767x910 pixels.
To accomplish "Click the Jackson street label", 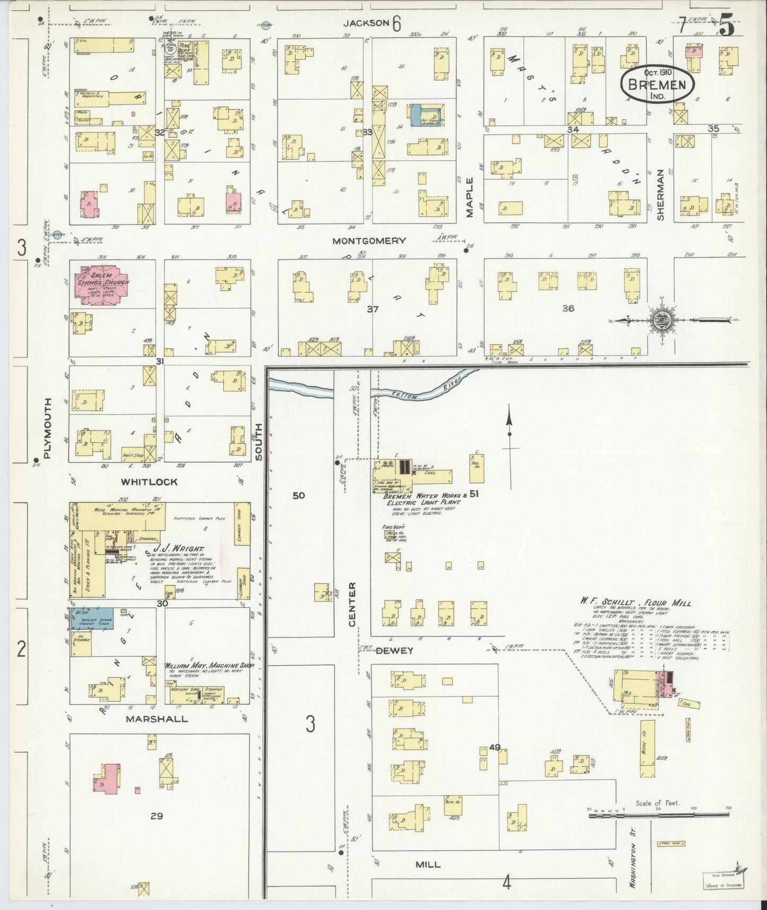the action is [366, 23].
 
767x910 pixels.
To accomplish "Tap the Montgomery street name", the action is [369, 241].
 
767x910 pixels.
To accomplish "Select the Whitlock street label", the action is [149, 482].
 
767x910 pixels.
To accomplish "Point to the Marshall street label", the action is [157, 719].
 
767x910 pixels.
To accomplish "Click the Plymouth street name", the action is [48, 427].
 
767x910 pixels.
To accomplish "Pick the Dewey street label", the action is [395, 650].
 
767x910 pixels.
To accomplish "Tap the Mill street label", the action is [427, 864].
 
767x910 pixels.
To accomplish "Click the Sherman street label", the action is [660, 195].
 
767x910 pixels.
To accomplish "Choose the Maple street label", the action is [470, 198].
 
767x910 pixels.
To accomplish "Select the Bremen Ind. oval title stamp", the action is [658, 84].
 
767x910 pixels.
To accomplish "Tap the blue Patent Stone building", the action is [90, 619].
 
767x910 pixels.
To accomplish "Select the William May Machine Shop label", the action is [209, 666].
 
